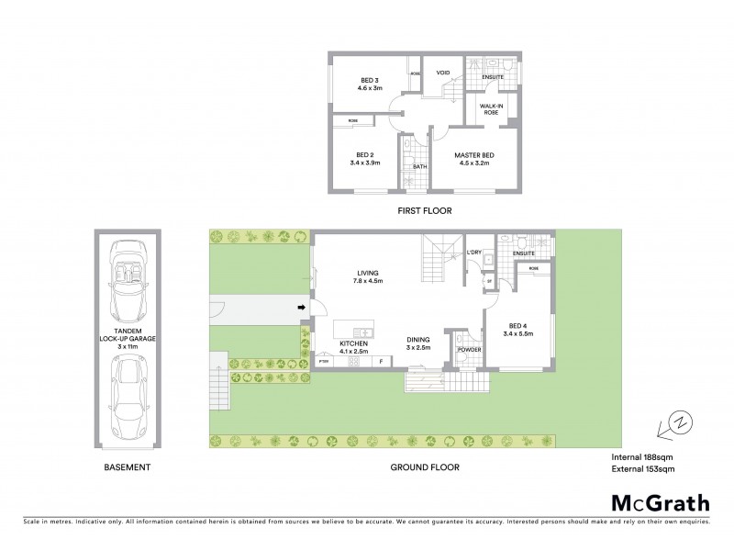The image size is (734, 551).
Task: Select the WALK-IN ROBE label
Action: tap(492, 110)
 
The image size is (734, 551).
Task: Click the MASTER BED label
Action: tap(474, 154)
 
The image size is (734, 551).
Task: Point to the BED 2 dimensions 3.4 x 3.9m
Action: tap(364, 163)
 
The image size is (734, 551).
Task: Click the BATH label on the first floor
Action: tap(419, 166)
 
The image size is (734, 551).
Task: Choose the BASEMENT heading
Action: tap(128, 467)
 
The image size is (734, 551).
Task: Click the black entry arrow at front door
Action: tap(300, 308)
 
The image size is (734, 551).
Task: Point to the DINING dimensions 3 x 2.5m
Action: tap(419, 348)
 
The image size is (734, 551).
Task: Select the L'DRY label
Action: tap(474, 253)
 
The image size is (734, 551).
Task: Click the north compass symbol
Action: tap(680, 424)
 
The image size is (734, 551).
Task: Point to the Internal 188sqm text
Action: tap(642, 456)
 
